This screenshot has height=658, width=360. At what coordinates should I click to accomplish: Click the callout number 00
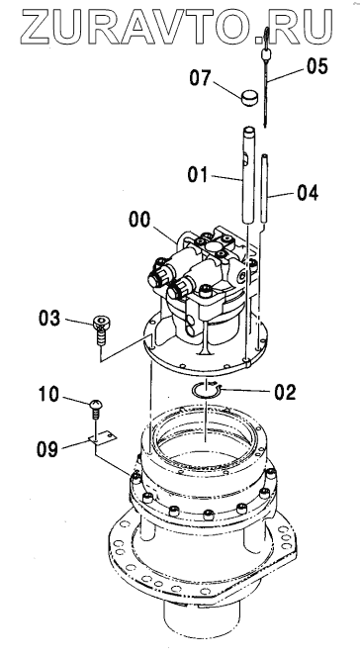point(139,220)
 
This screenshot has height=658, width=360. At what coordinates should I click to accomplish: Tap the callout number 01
point(198,174)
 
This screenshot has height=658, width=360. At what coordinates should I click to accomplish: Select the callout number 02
point(285,392)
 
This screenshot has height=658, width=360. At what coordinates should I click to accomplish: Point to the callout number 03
point(49,319)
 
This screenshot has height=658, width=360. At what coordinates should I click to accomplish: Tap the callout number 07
point(200,78)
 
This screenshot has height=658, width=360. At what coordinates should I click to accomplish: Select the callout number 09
point(47,449)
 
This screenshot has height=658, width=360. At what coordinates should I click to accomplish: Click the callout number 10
point(48,395)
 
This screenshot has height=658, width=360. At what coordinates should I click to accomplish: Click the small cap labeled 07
point(249,97)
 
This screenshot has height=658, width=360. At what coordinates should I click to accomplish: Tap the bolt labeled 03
point(101,330)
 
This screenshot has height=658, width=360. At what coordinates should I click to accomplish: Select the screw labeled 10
point(96,410)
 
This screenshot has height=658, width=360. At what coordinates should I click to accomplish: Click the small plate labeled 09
point(103,437)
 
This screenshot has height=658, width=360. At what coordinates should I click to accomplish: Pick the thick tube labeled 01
point(249,174)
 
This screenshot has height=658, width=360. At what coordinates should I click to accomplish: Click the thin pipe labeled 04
point(265,188)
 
